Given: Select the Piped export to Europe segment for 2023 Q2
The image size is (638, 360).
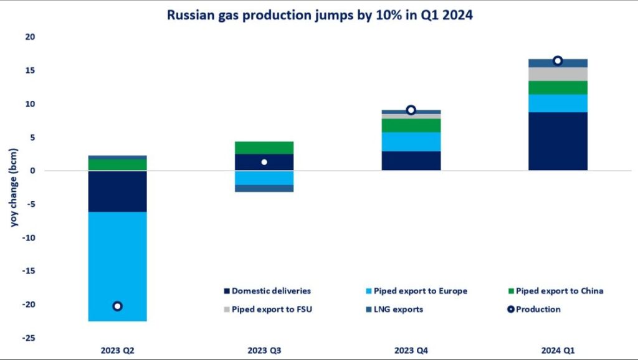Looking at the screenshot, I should [117, 262].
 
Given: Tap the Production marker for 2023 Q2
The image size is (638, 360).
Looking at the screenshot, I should [117, 306].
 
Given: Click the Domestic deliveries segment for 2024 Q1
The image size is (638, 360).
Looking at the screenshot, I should [558, 141].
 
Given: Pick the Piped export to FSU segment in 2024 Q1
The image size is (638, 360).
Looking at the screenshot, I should [558, 74].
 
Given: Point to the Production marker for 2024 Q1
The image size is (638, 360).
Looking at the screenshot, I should [558, 60].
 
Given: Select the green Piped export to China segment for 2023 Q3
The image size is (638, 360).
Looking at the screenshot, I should [264, 148].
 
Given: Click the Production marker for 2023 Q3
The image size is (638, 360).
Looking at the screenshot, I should [264, 162].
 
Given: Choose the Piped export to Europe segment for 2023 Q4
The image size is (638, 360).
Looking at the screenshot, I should [411, 141].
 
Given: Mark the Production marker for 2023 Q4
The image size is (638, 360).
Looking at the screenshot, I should [411, 110].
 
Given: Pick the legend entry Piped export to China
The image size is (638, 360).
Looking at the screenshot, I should [555, 291].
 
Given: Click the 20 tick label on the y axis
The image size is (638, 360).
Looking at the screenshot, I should [30, 37].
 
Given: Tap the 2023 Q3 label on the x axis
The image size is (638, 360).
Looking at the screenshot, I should [264, 351].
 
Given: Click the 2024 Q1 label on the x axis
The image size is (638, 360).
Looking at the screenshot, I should [558, 351].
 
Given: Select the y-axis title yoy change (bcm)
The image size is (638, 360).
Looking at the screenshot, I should [14, 187].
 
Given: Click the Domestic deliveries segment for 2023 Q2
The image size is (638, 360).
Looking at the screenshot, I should [117, 191].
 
